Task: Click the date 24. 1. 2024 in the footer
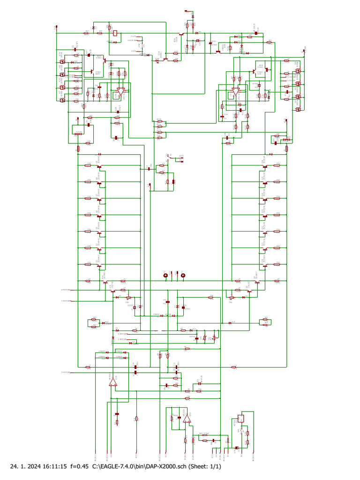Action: click(25, 466)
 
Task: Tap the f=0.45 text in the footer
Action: click(80, 466)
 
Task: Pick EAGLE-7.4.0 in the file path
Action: click(118, 466)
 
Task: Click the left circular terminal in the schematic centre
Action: click(165, 276)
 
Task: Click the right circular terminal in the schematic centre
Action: click(183, 276)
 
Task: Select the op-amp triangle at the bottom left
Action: click(112, 383)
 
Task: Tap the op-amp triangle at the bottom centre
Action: click(187, 419)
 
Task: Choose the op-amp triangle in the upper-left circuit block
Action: click(121, 92)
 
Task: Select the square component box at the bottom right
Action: click(241, 419)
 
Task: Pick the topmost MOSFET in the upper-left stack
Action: click(62, 61)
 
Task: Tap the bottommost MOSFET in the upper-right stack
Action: click(297, 109)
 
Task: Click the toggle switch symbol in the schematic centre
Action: click(169, 158)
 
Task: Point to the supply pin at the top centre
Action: click(187, 10)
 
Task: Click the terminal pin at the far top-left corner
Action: click(57, 27)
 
